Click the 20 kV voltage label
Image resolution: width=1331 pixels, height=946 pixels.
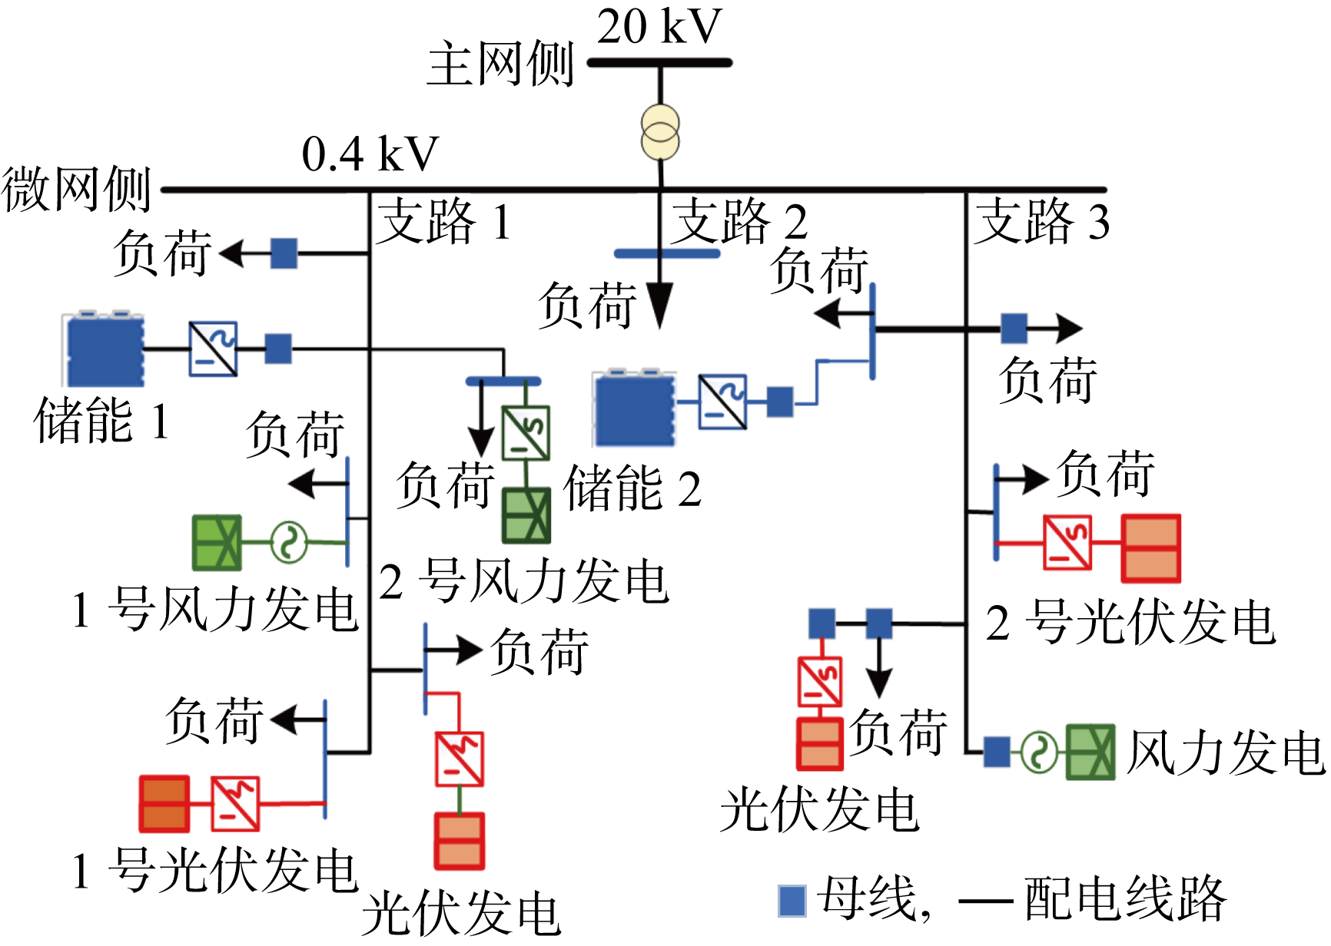659,27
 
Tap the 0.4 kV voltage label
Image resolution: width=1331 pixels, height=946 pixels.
370,154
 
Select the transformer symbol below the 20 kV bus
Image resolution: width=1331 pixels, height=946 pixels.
660,132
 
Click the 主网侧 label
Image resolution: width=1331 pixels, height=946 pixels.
500,64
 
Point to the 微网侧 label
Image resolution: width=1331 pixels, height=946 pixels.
75,190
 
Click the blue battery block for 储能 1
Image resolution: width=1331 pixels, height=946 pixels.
105,350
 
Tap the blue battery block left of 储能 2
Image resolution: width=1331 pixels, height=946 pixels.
635,408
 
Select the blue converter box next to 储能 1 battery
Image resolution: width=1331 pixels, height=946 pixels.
213,349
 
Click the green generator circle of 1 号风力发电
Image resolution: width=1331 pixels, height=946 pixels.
289,542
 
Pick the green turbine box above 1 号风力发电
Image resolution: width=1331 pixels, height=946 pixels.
217,542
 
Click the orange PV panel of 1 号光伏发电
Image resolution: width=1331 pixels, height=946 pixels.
164,804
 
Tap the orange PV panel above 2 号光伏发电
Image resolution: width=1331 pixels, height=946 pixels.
1150,548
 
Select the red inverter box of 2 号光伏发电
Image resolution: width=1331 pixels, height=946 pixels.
1067,543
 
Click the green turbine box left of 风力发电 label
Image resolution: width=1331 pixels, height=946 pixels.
1090,752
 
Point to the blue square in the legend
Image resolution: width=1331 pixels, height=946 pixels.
792,901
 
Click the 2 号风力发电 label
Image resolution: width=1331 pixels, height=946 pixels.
523,581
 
